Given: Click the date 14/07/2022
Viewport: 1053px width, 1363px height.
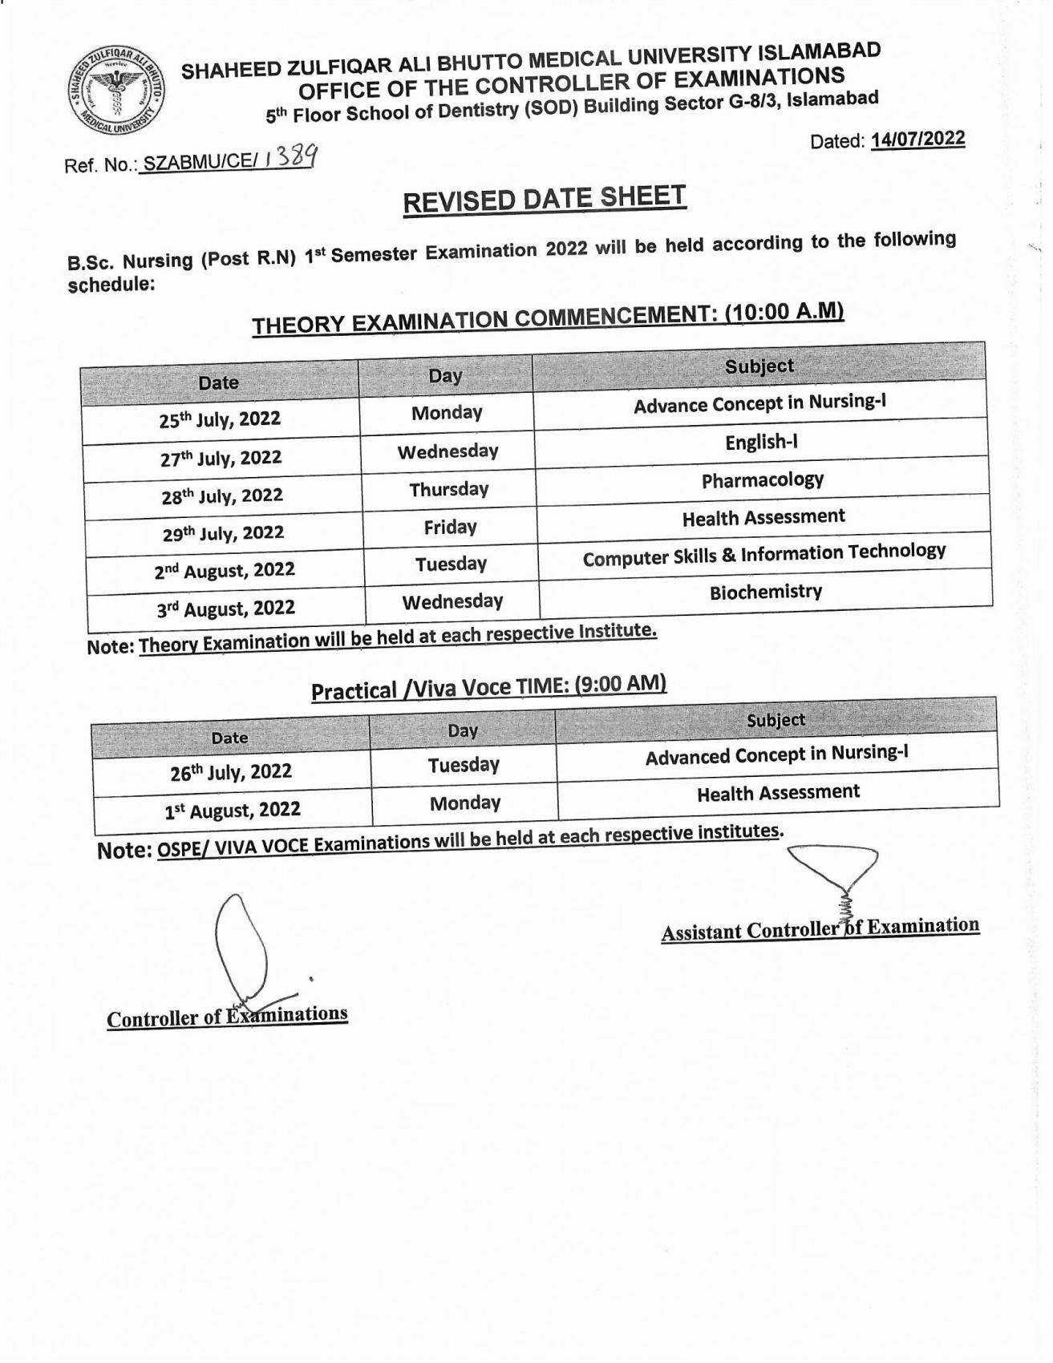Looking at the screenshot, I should click(917, 139).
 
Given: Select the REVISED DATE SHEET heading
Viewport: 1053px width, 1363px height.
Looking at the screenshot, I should click(545, 200).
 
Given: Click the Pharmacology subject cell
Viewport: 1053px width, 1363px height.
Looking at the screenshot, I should click(762, 480).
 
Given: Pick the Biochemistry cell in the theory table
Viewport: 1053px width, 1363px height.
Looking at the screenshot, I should click(765, 593).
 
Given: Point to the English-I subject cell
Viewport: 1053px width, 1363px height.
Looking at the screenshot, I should click(760, 443).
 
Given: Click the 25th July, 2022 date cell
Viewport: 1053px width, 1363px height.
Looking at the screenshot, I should click(220, 419).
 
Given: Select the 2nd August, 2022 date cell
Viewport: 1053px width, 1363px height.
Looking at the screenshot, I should click(225, 570).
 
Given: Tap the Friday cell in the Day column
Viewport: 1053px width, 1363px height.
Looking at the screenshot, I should click(450, 527).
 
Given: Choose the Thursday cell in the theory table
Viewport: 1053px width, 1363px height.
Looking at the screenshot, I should click(448, 489).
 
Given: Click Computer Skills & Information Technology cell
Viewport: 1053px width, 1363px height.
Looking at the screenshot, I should click(763, 554).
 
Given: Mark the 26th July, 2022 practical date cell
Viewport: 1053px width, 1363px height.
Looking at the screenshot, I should click(231, 772).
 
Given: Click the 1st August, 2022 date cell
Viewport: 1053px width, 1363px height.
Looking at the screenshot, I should click(233, 810).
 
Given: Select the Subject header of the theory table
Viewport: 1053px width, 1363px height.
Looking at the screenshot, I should click(759, 366).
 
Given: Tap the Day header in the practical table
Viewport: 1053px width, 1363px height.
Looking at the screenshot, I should click(463, 730).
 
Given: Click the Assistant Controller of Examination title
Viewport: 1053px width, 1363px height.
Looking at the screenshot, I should click(820, 928).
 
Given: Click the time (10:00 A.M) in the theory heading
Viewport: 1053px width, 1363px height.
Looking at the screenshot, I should click(784, 311).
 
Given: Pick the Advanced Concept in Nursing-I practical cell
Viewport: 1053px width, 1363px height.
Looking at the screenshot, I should click(776, 754).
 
